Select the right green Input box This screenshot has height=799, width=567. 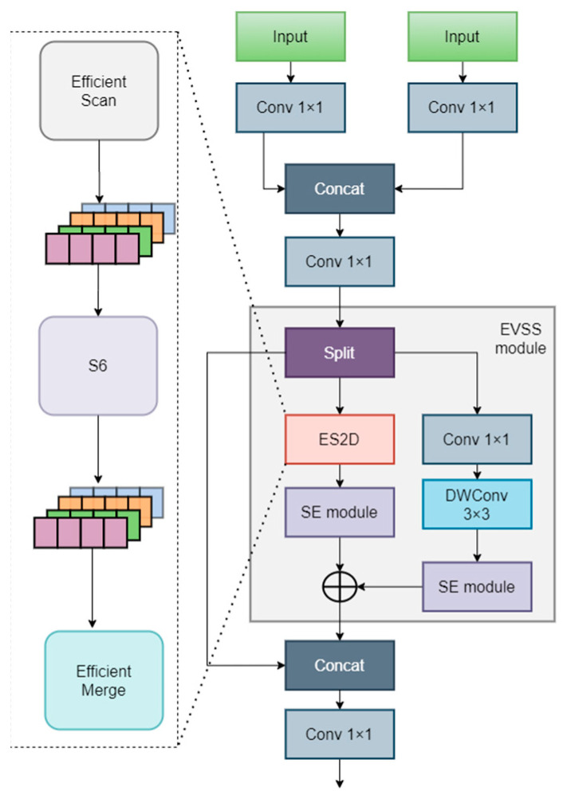coord(461,37)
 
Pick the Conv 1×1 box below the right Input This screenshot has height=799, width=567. coord(461,106)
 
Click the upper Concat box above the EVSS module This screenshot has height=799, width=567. coord(341,189)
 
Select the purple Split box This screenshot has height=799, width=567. coord(341,352)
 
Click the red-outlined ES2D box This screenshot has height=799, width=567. coord(341,439)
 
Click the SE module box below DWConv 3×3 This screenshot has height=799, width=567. coord(477,586)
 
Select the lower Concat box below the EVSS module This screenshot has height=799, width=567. coord(341,664)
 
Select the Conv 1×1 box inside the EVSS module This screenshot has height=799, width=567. coord(477,439)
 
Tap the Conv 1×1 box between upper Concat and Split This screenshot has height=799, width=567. coord(341,259)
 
